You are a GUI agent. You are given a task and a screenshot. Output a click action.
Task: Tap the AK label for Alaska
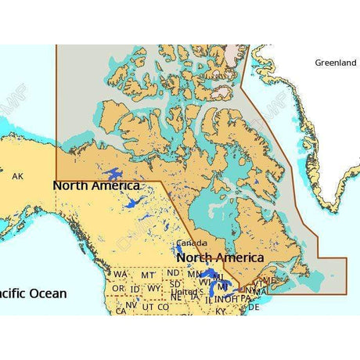(18, 177)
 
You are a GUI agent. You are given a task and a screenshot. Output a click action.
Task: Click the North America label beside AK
(95, 186)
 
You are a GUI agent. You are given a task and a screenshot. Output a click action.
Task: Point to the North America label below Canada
(220, 257)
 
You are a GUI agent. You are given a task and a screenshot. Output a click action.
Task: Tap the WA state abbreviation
(120, 275)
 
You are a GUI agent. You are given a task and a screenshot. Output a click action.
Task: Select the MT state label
(147, 275)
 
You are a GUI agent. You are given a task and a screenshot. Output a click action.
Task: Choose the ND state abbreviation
(173, 273)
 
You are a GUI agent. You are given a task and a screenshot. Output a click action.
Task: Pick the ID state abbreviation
(135, 290)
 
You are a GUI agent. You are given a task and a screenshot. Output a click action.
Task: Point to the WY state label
(153, 288)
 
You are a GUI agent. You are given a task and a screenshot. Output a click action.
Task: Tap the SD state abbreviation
(175, 283)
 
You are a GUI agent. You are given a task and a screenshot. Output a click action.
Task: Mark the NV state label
(131, 307)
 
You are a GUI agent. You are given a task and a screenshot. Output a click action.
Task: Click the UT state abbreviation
(147, 308)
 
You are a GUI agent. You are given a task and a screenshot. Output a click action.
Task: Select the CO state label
(163, 308)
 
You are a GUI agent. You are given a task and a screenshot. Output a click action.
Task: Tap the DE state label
(254, 308)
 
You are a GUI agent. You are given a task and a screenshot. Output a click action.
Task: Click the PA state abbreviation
(246, 298)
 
